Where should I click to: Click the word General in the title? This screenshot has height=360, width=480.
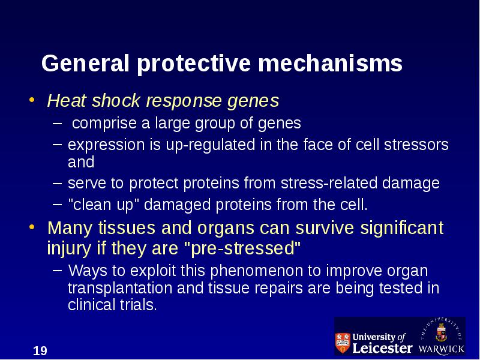point(85,63)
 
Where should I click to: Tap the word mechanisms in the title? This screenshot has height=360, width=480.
point(331,63)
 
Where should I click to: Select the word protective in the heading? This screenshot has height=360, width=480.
point(194,64)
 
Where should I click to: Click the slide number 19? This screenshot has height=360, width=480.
point(40,351)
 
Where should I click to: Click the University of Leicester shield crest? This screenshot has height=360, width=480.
point(343,343)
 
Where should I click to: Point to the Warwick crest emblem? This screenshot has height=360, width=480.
point(441,333)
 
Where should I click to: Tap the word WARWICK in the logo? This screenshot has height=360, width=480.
point(442,349)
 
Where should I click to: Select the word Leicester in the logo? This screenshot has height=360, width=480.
point(382,348)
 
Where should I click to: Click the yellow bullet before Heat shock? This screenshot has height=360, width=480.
point(32,100)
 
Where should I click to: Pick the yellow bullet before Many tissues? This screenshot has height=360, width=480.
point(32,227)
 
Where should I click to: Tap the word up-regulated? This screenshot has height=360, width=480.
point(211,145)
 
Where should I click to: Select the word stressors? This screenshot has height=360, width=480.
point(416,145)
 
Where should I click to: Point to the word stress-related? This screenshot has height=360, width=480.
point(329,183)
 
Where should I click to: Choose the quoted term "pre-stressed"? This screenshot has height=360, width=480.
point(243,248)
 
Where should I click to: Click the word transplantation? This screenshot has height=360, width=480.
point(120,288)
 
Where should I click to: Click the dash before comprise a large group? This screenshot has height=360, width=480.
point(57,124)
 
